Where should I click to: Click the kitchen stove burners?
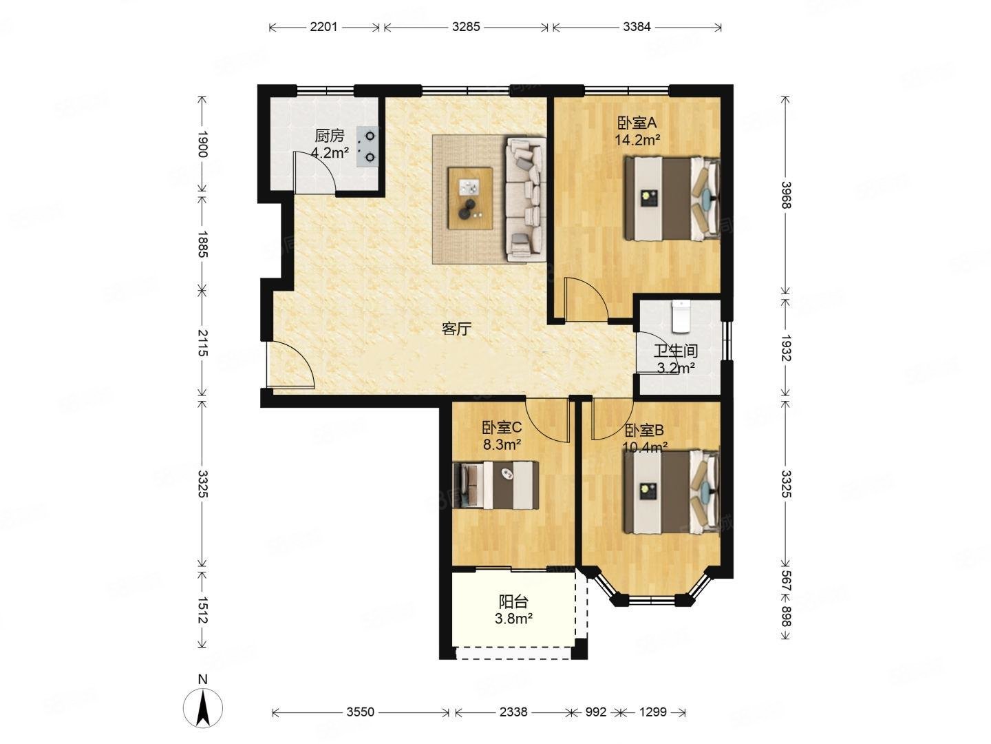point(367,146)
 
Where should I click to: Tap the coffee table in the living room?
point(470,198)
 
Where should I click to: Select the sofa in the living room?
point(524,199)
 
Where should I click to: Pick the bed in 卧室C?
point(495,485)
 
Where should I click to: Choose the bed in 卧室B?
point(672,491)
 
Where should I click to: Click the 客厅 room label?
point(456,329)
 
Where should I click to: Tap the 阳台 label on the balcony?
point(513,601)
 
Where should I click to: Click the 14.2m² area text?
point(637,140)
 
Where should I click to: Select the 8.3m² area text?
point(502,445)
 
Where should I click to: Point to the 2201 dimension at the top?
point(323,27)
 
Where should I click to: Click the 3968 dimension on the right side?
point(786,195)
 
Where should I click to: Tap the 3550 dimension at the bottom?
point(361,712)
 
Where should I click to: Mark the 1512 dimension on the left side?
point(203,610)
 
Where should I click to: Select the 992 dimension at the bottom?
point(595,712)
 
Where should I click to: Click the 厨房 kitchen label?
point(330,135)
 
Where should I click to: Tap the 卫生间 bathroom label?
point(676,351)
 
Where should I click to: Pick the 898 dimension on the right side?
point(786,616)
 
